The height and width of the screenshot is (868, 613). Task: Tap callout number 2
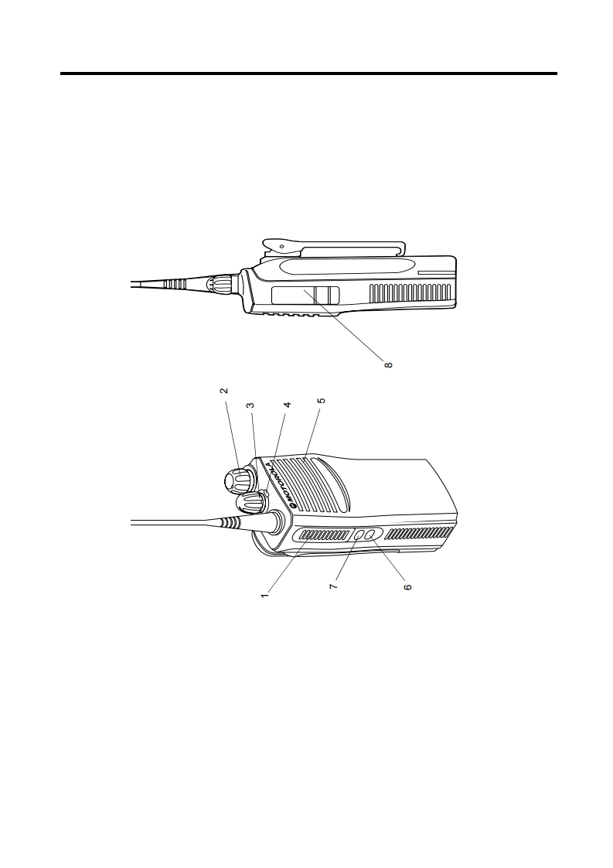tap(223, 390)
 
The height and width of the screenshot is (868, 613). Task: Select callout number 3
tap(250, 405)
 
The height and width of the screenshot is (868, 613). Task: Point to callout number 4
tap(287, 405)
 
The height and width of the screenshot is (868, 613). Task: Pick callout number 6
tap(407, 586)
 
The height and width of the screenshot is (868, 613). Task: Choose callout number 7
tap(334, 586)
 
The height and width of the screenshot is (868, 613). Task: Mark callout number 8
tap(388, 365)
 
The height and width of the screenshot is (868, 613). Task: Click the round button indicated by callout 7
tap(359, 535)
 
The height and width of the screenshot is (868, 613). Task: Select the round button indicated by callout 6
tap(370, 534)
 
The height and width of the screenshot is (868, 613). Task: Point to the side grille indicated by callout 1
tap(324, 535)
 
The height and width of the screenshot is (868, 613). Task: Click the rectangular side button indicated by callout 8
tap(305, 296)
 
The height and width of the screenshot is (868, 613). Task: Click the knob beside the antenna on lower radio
tap(250, 503)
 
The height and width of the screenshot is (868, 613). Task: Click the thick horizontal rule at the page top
tap(308, 73)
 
